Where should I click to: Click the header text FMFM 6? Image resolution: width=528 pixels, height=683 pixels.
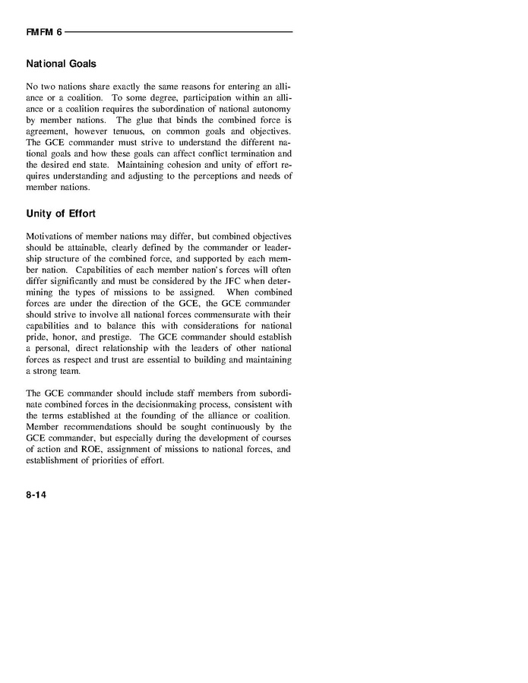click(44, 33)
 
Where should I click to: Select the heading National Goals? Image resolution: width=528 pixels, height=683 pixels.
click(60, 65)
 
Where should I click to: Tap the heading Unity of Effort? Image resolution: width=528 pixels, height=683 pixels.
click(61, 213)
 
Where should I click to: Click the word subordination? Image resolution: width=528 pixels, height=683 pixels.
click(179, 109)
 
